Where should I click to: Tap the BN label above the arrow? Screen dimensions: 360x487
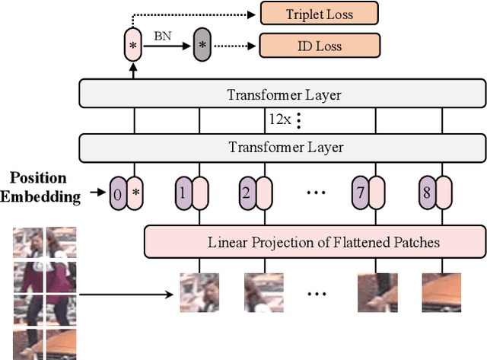coord(162,35)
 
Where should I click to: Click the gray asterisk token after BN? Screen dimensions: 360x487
coord(202,45)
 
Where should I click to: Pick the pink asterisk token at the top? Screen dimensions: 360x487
coord(132,45)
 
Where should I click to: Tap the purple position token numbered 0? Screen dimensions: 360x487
coord(116,193)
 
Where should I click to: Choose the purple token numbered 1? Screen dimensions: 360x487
coord(182,193)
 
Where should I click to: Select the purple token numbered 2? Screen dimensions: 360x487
coord(246,193)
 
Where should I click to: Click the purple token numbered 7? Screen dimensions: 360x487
coord(358,193)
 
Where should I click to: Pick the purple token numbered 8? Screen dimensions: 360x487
coord(426,193)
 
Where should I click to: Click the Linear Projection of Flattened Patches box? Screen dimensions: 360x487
coord(314,243)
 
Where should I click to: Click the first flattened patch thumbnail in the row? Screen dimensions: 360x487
coord(199,293)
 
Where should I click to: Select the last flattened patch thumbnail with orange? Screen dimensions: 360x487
coord(441,293)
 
